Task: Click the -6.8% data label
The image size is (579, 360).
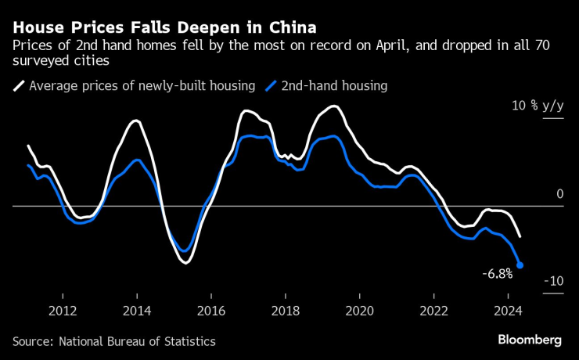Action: (498, 274)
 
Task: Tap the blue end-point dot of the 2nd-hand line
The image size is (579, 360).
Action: (520, 265)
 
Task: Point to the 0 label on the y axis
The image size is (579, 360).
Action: (559, 194)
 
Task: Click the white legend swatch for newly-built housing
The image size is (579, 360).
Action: (18, 85)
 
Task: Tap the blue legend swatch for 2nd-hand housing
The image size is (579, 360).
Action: (272, 85)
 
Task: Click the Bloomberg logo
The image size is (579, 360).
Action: (530, 340)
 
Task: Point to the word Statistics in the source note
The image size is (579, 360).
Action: (189, 341)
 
